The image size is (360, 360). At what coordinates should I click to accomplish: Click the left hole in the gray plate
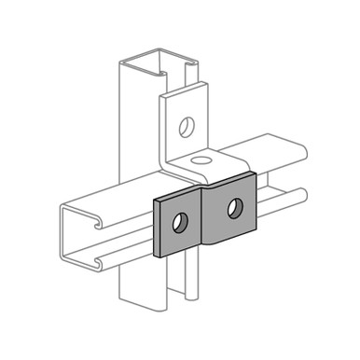pos(179,222)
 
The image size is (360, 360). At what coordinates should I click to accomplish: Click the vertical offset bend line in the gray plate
pos(204,211)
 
